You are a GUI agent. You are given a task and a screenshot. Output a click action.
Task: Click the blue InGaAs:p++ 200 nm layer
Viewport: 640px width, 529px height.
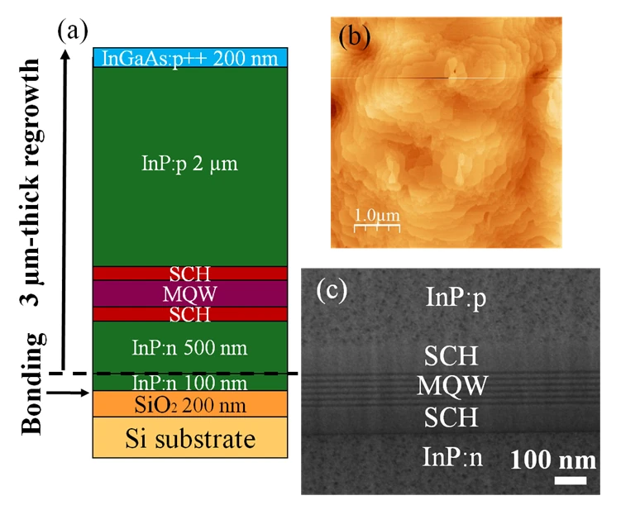tap(190, 58)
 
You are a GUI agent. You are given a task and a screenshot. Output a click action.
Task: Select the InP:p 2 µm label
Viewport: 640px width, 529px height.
tap(190, 164)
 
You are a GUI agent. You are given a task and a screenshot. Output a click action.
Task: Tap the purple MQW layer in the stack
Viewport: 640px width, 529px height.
tap(190, 293)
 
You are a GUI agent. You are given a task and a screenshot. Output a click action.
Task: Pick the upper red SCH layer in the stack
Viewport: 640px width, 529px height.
tap(190, 274)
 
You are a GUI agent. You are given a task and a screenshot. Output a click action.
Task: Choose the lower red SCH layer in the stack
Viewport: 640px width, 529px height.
tap(190, 314)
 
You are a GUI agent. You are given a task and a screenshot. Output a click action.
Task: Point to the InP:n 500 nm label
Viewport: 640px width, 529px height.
tap(190, 348)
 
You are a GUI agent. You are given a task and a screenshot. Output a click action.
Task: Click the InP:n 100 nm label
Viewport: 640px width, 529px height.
tap(190, 383)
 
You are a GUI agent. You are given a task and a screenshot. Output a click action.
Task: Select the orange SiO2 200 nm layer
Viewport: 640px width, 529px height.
tap(190, 404)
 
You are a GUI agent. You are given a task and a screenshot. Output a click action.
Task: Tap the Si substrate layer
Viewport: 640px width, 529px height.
tap(190, 437)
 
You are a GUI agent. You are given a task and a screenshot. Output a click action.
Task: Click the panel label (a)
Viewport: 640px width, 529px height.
tap(73, 31)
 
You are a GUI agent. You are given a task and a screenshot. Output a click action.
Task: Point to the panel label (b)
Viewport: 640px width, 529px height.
tap(355, 36)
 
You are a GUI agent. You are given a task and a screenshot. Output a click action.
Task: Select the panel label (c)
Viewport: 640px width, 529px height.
tap(332, 290)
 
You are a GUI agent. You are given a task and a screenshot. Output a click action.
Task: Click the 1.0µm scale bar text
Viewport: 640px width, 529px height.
tap(377, 215)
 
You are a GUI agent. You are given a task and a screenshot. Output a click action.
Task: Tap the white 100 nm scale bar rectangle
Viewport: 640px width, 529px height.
tap(571, 480)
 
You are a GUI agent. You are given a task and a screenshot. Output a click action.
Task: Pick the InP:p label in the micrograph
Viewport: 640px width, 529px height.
tap(456, 297)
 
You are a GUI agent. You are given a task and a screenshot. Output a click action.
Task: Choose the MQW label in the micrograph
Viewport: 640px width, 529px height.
tap(451, 385)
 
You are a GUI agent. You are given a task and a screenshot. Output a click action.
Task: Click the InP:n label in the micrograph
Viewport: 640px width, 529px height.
tap(452, 456)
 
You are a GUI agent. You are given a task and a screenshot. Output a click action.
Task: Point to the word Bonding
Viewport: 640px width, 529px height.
tap(32, 384)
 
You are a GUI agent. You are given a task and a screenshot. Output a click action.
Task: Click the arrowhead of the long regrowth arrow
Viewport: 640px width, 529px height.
tap(64, 54)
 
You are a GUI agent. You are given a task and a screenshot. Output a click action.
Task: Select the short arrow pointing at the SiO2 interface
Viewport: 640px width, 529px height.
tap(68, 393)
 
